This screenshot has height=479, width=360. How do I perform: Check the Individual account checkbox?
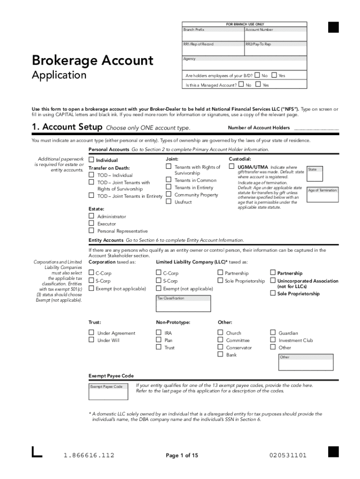point(92,160)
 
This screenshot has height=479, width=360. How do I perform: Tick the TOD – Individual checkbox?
point(92,175)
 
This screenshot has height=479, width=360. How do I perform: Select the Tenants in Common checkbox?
point(168,180)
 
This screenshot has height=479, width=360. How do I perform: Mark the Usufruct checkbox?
point(168,202)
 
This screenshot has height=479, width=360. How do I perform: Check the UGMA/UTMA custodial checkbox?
point(231,167)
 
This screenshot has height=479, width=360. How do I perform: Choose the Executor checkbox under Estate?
point(92,224)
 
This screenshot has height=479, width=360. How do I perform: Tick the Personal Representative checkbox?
point(92,231)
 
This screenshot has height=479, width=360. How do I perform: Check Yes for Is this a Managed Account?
point(258,85)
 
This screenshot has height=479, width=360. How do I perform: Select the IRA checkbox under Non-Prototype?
point(158,333)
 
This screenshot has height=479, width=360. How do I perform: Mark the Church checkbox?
point(220,333)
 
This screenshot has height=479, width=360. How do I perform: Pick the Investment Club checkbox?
point(273,340)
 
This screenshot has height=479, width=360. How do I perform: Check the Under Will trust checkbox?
point(92,340)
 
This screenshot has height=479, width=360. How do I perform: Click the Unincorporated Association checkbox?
point(273,281)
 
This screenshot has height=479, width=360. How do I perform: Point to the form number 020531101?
point(288,455)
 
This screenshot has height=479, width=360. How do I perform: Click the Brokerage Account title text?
point(92,60)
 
